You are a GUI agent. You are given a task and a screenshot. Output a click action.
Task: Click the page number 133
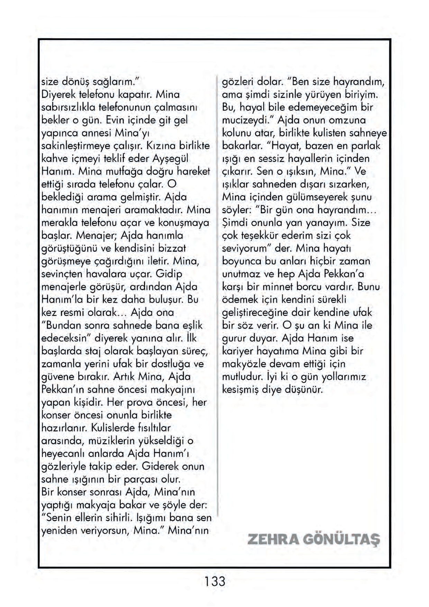[x=214, y=581]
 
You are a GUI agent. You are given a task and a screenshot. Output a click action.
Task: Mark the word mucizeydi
[x=248, y=120]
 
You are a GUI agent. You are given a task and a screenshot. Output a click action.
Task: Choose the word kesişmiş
[x=240, y=390]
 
